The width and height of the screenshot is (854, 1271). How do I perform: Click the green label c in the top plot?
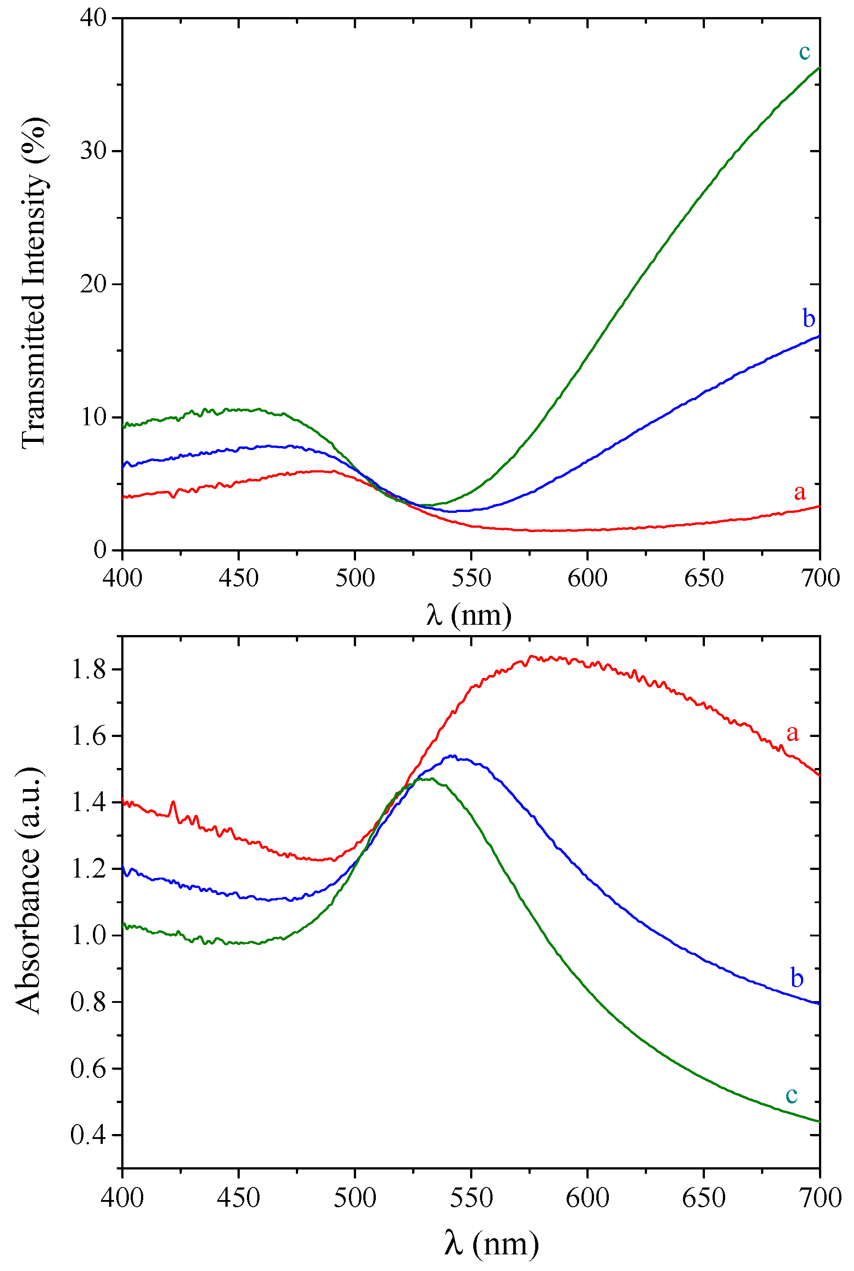tap(805, 52)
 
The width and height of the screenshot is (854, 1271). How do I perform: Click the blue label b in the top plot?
tap(809, 318)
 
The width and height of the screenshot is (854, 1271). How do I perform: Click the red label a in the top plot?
tap(799, 492)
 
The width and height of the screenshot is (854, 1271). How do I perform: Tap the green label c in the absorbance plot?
tap(792, 1094)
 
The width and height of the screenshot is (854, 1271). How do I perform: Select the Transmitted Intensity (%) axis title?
tap(34, 283)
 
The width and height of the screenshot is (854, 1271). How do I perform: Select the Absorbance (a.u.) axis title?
tap(28, 891)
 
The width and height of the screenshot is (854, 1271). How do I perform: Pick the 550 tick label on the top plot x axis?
tap(471, 578)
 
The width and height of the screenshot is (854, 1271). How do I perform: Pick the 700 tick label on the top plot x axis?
tap(820, 578)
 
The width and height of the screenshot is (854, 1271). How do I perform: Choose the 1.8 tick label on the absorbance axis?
tap(88, 670)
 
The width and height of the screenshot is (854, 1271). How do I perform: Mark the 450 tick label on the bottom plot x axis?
tap(238, 1197)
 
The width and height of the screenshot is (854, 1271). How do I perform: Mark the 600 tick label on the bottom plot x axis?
tap(587, 1197)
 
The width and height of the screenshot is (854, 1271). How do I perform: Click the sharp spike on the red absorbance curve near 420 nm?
tap(173, 802)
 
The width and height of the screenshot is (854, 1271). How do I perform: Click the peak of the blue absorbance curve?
tap(452, 755)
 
